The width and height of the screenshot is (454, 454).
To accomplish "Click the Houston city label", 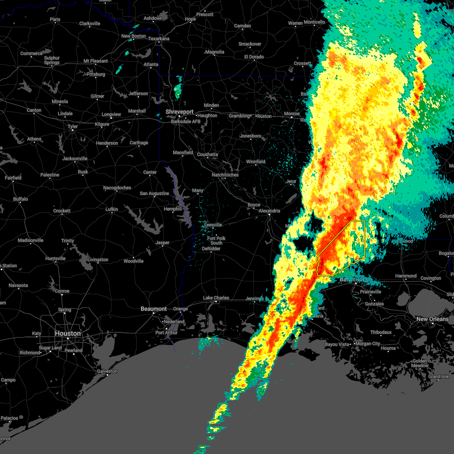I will click(x=68, y=333).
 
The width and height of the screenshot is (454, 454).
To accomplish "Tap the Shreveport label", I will click(x=180, y=112).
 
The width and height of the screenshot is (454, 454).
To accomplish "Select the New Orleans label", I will click(x=432, y=319).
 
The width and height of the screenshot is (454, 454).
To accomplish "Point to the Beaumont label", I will click(x=154, y=309).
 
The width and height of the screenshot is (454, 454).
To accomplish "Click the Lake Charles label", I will click(x=216, y=298).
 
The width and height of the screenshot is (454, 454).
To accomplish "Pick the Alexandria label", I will click(x=269, y=211).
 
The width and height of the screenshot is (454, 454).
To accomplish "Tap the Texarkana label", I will click(x=159, y=39).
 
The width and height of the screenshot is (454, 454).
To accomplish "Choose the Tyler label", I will click(x=73, y=127).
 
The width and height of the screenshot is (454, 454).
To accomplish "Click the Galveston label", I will click(x=107, y=371).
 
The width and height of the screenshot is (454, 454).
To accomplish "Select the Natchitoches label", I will click(x=225, y=175).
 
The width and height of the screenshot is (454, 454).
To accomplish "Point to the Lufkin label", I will click(x=112, y=209).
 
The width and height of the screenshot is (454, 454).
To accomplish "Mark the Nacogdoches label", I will click(x=117, y=188).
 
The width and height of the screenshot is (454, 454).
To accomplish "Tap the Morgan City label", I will click(x=368, y=344).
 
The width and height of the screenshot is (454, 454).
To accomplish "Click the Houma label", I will click(x=388, y=348).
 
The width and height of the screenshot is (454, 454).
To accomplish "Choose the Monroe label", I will click(x=292, y=113).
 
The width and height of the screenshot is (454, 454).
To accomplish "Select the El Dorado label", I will click(x=254, y=57).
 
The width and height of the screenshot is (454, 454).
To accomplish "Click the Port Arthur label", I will click(x=166, y=333).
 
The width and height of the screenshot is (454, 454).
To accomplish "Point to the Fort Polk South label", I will click(x=216, y=241).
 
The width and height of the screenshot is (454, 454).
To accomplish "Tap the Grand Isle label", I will click(x=438, y=376).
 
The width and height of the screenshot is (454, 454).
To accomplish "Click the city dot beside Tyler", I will click(x=73, y=131).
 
